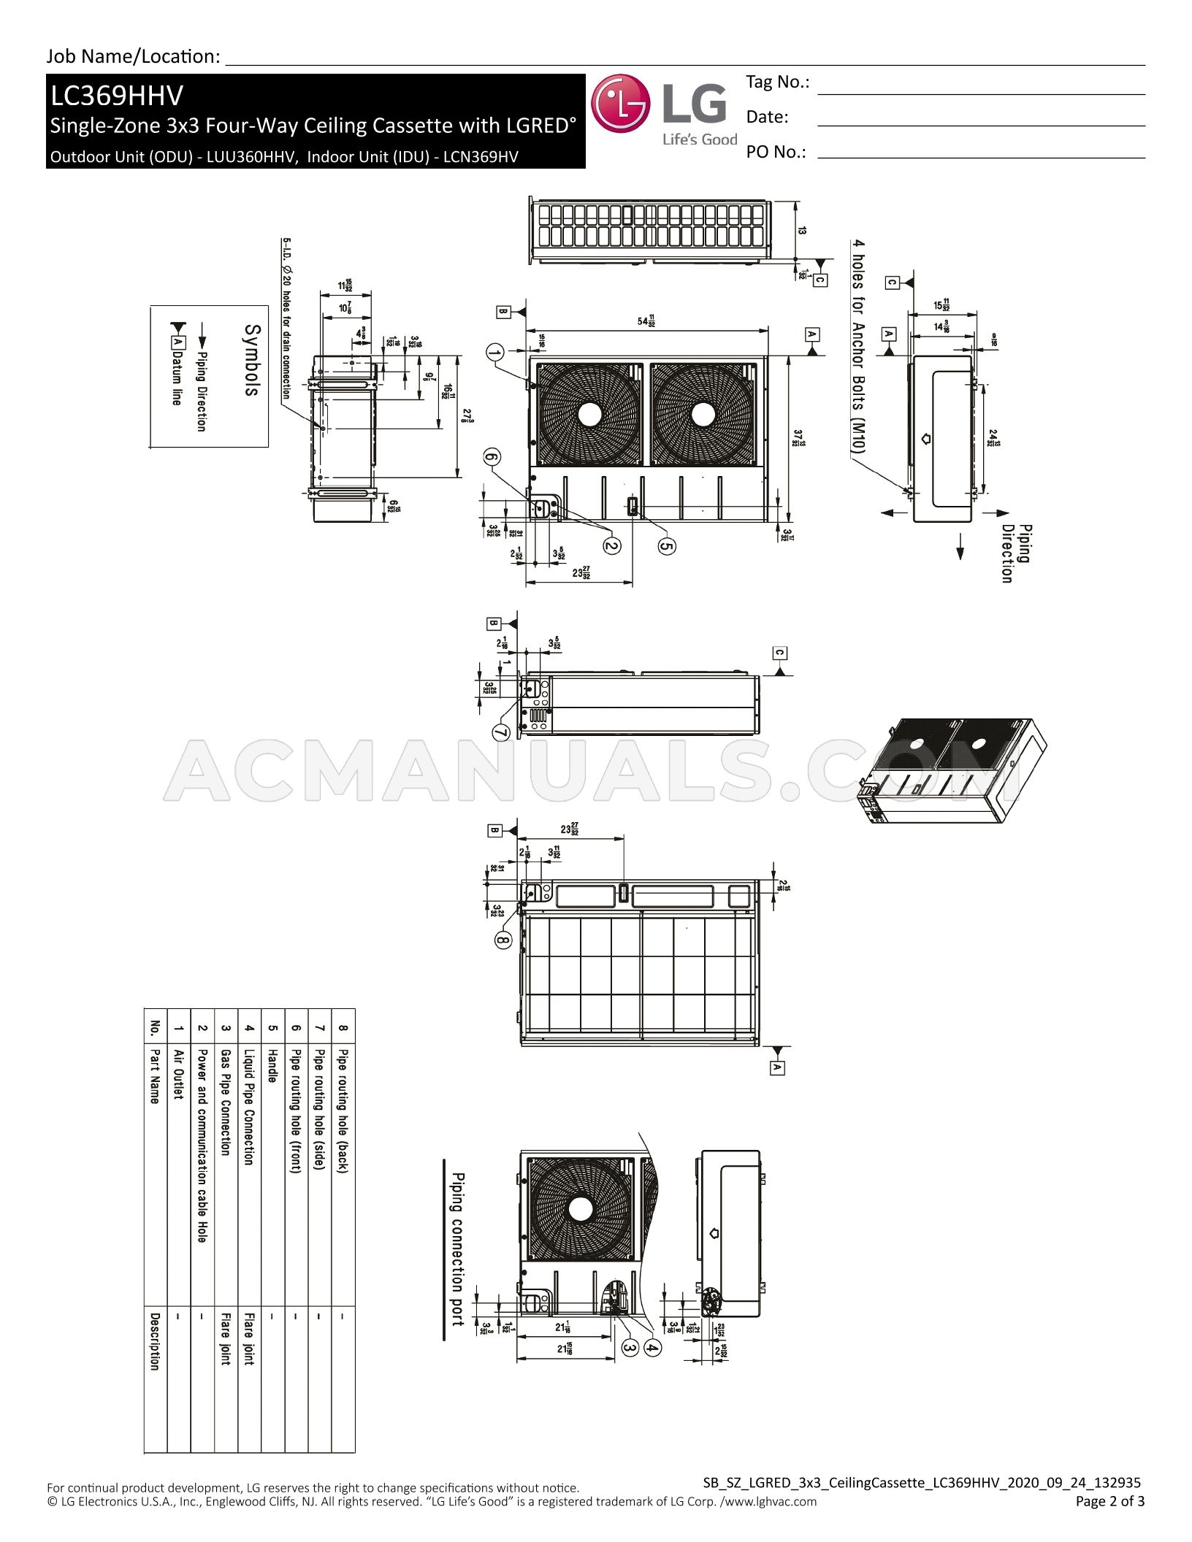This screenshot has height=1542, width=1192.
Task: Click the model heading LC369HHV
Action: click(x=116, y=96)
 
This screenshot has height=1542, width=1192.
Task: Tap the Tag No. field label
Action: click(x=777, y=83)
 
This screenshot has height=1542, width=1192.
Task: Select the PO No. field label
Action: click(x=776, y=152)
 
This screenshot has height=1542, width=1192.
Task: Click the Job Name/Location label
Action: click(x=134, y=56)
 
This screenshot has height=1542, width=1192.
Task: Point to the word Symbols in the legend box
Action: click(x=251, y=360)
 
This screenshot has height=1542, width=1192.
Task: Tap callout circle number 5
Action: click(x=666, y=545)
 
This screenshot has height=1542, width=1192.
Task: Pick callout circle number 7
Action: click(x=501, y=732)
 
